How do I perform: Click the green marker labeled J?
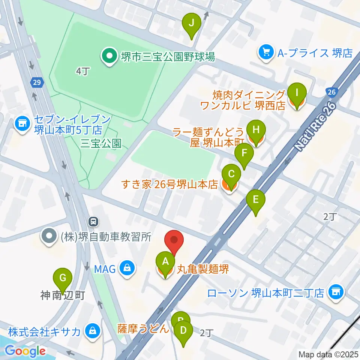click(191, 24)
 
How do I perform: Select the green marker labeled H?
click(256, 130)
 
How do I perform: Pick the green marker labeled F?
click(244, 153)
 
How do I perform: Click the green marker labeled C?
click(231, 175)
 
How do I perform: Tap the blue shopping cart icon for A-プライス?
click(266, 53)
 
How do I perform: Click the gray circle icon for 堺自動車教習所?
click(49, 237)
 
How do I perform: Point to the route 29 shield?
click(36, 82)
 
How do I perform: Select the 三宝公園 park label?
click(101, 144)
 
